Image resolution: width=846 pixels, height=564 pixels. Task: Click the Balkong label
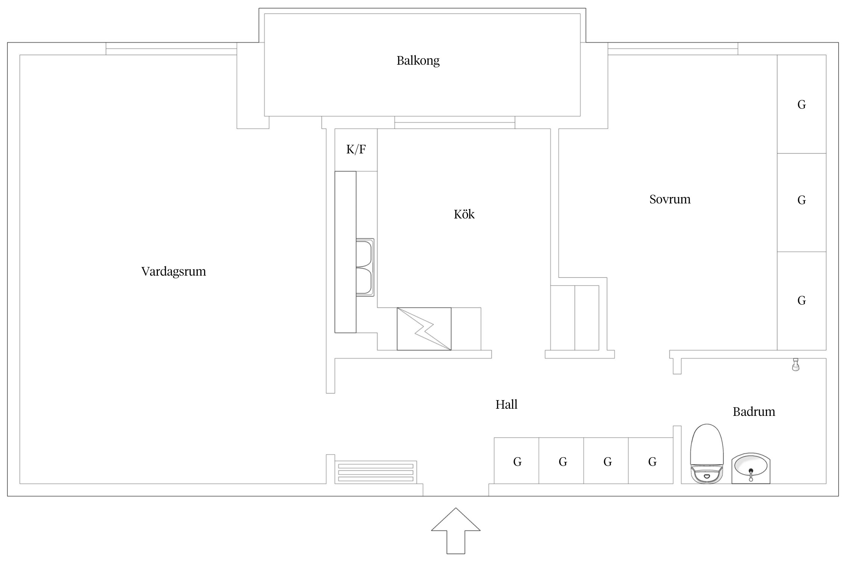[418, 61]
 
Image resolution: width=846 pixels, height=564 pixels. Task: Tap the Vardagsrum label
[173, 271]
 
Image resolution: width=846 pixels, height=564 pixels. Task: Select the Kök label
[464, 214]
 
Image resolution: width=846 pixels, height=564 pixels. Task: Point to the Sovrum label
[670, 199]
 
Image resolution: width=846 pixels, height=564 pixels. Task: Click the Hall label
[506, 405]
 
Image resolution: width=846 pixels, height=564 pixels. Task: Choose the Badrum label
[754, 412]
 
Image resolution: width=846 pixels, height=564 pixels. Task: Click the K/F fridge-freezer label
[356, 150]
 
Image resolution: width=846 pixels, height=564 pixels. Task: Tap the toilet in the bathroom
[707, 453]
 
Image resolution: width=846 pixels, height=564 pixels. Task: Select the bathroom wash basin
[750, 468]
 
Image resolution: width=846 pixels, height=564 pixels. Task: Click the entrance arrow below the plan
[456, 531]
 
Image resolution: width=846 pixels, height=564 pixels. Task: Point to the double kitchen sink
[365, 267]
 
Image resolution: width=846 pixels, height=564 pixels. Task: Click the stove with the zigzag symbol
[424, 329]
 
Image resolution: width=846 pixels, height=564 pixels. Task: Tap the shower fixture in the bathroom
[795, 365]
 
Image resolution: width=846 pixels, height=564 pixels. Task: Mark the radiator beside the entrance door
[376, 472]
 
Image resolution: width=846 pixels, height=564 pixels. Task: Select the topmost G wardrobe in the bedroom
[801, 104]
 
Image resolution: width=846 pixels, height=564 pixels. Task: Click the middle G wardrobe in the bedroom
[801, 203]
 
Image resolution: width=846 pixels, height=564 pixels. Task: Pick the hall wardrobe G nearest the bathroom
[650, 461]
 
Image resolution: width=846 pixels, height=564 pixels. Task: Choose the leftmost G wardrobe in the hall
[516, 461]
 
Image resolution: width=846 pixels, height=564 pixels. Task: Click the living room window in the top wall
[171, 49]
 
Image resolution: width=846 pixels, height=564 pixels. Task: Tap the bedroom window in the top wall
[673, 49]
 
